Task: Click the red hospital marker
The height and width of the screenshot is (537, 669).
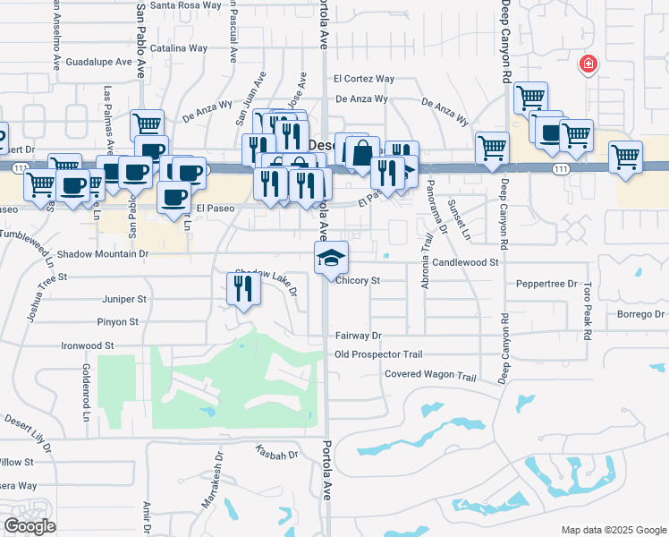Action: [588, 64]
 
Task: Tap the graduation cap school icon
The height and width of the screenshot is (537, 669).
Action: [331, 258]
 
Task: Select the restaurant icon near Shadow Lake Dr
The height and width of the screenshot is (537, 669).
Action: [242, 286]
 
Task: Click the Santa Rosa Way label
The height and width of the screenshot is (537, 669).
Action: [186, 4]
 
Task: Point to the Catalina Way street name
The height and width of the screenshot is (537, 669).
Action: [179, 48]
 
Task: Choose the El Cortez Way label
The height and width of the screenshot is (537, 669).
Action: [364, 79]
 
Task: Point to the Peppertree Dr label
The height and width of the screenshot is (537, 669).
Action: [546, 284]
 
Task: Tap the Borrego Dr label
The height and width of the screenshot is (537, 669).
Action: [642, 314]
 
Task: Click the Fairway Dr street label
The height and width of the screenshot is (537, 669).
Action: [359, 336]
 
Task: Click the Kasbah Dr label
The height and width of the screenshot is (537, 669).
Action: [276, 455]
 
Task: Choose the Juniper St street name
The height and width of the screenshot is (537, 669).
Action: [124, 299]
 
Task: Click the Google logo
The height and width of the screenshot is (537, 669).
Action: [29, 526]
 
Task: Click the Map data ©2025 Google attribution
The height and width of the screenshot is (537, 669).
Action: [613, 530]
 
